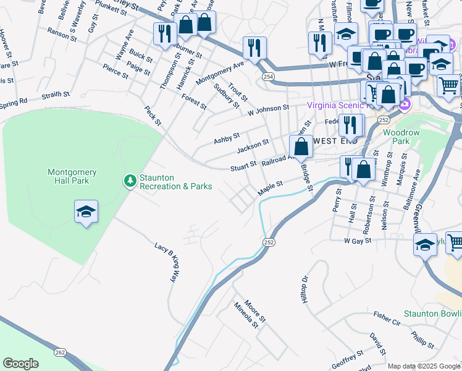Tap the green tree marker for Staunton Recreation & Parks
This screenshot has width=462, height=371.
[x=130, y=181]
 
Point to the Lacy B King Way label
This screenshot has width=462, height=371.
[x=169, y=262]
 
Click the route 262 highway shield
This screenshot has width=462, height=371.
[x=60, y=352]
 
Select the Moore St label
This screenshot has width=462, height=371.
[x=254, y=310]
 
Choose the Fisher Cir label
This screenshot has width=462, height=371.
[x=387, y=318]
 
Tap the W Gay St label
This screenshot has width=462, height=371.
[x=357, y=240]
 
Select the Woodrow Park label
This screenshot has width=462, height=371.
[x=396, y=137]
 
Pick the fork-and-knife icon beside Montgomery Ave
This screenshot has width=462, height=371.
[x=254, y=47]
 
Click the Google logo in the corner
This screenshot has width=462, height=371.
[x=20, y=364]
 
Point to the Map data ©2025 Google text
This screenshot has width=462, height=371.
[x=423, y=366]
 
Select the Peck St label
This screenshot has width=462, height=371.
[x=152, y=115]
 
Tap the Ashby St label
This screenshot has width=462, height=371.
[x=227, y=138]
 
